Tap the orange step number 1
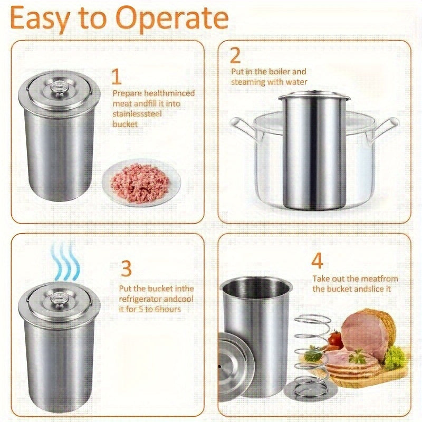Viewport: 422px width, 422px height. click(117, 77)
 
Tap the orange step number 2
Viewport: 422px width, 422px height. click(235, 55)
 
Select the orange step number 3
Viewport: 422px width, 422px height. click(126, 268)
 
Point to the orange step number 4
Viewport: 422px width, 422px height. click(317, 261)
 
